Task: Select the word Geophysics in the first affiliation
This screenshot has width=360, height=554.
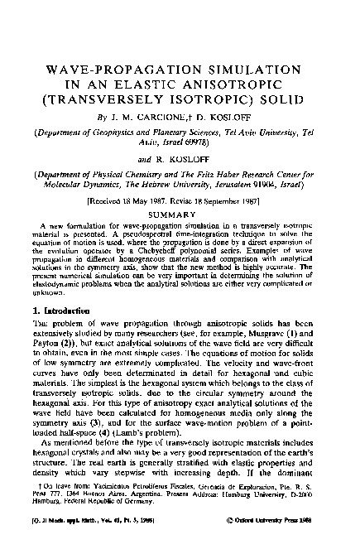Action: [x=108, y=118]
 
